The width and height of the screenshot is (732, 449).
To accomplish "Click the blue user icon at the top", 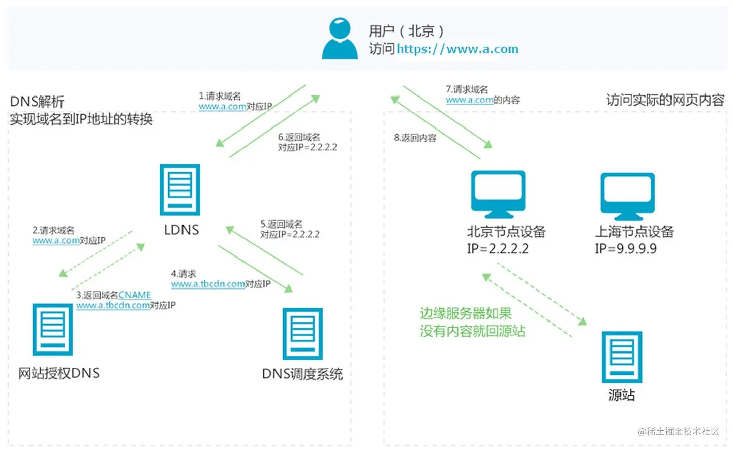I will tap(340, 39).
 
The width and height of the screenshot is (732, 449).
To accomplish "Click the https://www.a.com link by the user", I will tap(457, 49).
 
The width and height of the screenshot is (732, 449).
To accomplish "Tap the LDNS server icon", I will tap(180, 189).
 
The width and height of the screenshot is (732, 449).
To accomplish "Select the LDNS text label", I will tap(181, 230).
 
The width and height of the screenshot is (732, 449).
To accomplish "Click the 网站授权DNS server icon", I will tap(53, 329).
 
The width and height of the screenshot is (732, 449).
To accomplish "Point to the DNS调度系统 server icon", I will tap(303, 333).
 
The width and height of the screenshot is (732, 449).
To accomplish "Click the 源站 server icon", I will tap(622, 357).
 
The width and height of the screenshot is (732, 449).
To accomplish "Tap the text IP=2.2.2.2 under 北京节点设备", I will tap(498, 249).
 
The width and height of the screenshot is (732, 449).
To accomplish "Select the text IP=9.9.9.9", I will tap(626, 249).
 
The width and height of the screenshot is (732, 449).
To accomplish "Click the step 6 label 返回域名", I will tap(299, 137).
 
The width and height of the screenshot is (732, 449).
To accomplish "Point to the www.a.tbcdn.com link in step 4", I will tap(208, 284).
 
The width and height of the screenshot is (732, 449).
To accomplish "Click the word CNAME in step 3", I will tap(135, 295).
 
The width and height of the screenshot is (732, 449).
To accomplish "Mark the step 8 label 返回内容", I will tap(415, 138).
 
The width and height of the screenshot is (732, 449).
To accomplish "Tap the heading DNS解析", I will tap(37, 102).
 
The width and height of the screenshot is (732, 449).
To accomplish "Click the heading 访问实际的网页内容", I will tap(665, 100).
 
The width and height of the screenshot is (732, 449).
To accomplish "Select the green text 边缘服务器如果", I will tap(466, 313).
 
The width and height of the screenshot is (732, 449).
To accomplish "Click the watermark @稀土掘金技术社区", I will tap(679, 431).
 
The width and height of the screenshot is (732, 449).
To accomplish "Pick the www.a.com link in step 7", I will tap(469, 100).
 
